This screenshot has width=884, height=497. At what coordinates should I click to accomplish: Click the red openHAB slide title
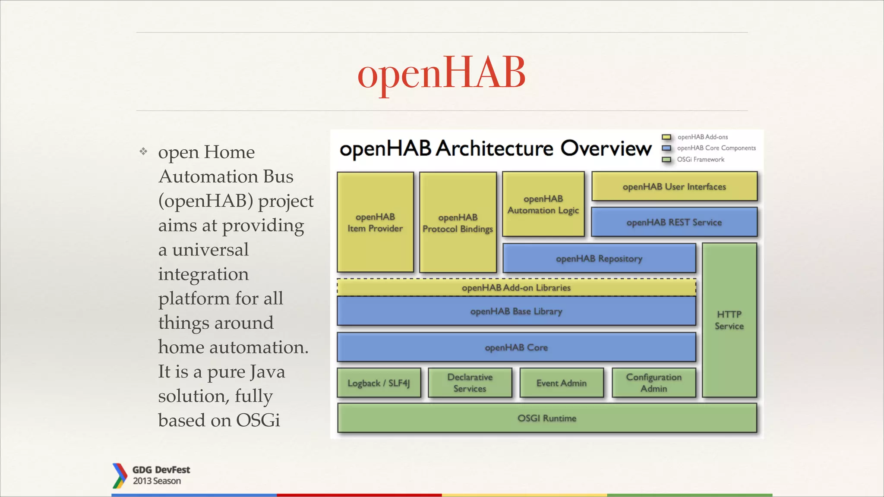tap(441, 73)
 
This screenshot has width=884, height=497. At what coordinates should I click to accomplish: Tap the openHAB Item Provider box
tap(375, 222)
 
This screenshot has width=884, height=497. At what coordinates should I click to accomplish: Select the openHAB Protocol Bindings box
tap(458, 223)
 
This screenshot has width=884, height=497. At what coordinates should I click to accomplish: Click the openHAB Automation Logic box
tap(543, 204)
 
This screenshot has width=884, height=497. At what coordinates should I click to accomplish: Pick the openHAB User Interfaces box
tap(674, 186)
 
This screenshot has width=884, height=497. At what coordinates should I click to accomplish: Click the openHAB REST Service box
tap(674, 222)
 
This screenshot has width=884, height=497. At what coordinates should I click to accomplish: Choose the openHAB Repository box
tap(599, 258)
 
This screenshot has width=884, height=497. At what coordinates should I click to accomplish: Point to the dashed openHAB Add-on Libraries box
tap(516, 287)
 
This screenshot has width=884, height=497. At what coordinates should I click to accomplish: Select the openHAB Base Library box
tap(516, 311)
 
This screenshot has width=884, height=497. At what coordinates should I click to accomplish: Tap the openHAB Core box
tap(516, 347)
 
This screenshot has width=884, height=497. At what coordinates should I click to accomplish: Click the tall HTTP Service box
tap(729, 320)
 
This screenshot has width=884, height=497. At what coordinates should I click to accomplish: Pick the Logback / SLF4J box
tap(379, 383)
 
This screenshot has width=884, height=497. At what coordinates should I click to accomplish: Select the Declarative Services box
tap(470, 383)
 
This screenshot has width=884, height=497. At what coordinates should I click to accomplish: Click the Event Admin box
tap(561, 383)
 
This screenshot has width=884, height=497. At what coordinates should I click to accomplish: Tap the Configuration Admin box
tap(654, 383)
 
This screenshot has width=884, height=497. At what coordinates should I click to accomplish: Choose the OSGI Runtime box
tap(547, 418)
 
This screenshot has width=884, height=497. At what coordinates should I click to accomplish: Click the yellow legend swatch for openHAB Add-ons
tap(666, 137)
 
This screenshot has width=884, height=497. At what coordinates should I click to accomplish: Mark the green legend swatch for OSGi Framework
tap(666, 160)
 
